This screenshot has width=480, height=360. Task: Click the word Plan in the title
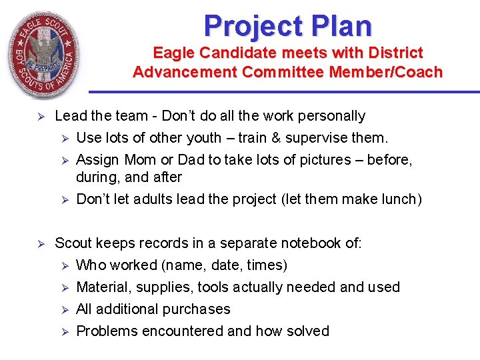(343, 26)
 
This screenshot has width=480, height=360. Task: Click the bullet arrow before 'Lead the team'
(40, 117)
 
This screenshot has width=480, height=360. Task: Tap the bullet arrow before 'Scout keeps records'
(40, 244)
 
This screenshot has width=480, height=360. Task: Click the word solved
(307, 331)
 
